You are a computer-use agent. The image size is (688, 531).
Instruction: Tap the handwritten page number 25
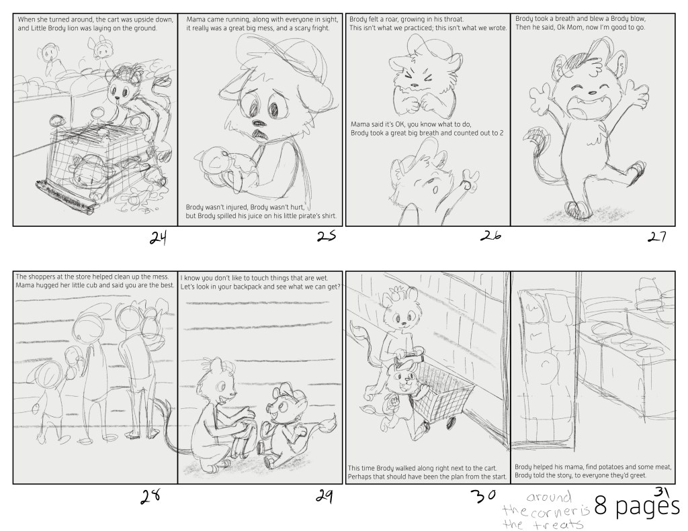coord(326,236)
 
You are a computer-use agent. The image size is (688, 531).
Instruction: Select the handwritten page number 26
coord(490,236)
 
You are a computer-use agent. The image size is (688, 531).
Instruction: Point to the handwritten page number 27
coord(657,237)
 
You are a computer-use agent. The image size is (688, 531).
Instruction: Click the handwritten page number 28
coord(150,496)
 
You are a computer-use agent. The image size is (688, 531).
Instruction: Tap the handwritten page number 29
coord(324,496)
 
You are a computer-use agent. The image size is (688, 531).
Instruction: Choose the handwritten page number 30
coord(483,496)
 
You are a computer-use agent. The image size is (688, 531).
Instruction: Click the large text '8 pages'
coord(637,506)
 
